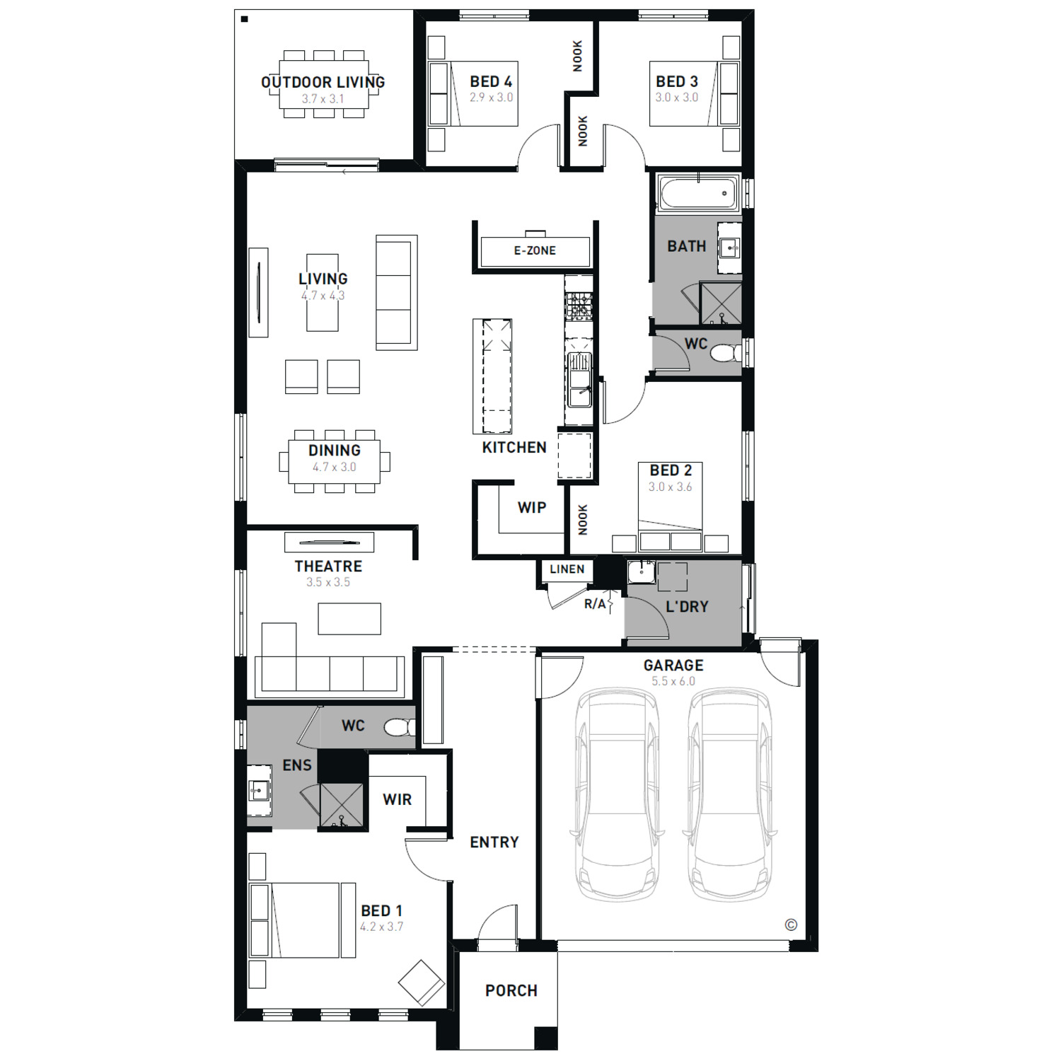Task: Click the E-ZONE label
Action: (535, 250)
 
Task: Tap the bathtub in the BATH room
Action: (698, 192)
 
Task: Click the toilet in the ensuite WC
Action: (400, 726)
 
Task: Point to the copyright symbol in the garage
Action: (791, 924)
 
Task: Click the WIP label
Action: (532, 507)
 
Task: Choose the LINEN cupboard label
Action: (567, 569)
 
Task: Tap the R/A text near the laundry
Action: (595, 604)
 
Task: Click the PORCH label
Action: (511, 990)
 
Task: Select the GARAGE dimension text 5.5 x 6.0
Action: (673, 681)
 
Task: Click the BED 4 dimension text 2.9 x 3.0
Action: (492, 98)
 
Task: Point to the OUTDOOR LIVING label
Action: (323, 82)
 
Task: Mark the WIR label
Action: (397, 799)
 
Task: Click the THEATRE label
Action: (328, 566)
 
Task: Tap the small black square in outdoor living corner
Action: (245, 19)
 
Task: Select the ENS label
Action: (297, 765)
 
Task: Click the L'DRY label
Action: (687, 606)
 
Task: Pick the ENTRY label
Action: (494, 842)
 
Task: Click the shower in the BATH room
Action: (721, 303)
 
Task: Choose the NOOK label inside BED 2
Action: (583, 520)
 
